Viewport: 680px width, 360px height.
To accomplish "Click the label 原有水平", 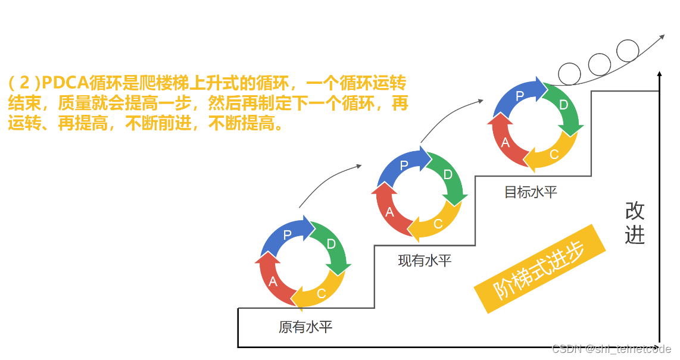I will [305, 327].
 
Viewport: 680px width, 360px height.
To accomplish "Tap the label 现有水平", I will [425, 260].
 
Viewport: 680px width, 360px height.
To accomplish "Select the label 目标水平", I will [531, 192].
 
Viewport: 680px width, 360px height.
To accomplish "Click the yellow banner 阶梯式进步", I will [539, 268].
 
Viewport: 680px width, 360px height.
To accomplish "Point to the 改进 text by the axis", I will [635, 223].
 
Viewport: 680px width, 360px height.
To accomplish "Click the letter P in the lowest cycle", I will [287, 234].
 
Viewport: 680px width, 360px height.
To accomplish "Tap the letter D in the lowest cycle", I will [332, 244].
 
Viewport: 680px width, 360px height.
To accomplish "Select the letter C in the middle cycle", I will [438, 224].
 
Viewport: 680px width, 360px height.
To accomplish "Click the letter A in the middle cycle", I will [389, 212].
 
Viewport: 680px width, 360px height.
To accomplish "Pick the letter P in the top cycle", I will [519, 95].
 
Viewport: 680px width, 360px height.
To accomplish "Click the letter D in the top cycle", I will [564, 105].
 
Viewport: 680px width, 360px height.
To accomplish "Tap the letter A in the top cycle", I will [506, 142].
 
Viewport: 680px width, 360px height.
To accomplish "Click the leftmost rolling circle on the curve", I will [569, 74].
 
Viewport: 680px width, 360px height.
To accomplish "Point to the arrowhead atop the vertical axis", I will [659, 75].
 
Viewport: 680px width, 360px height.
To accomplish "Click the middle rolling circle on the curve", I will [599, 63].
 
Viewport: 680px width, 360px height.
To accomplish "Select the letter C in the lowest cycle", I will [322, 293].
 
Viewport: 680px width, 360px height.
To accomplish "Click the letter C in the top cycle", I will [554, 154].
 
